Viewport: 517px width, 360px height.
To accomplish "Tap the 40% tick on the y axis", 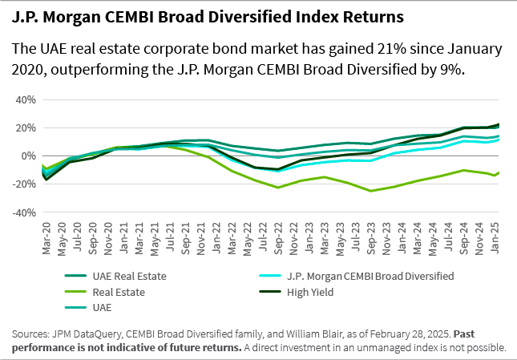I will point(25,100).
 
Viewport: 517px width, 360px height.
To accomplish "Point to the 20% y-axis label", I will point(25,128).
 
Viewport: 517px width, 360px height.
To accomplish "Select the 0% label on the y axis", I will point(28,156).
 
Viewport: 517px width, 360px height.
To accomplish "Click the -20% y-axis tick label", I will point(23,184).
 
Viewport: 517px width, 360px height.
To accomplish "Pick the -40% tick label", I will point(23,213).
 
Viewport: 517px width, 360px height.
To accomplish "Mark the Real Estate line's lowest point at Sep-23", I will point(371,191).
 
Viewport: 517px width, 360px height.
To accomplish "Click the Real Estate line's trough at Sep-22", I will point(279,188).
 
